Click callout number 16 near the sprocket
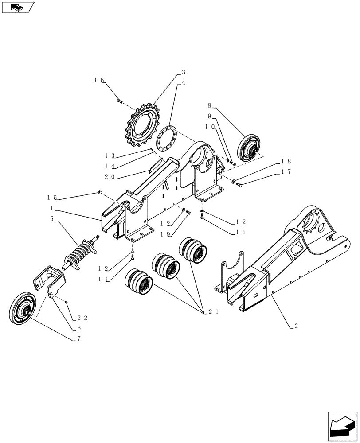tap(99, 80)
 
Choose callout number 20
tap(110, 176)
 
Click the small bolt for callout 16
tap(120, 102)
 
